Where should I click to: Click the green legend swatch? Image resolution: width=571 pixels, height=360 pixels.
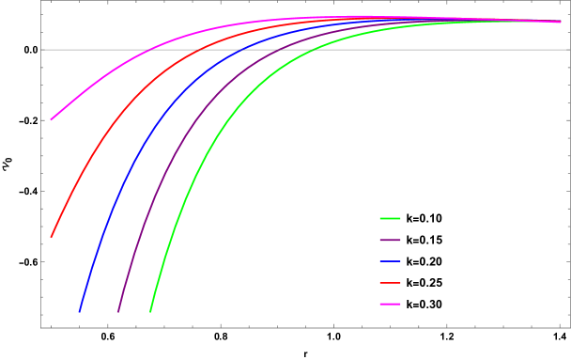click(390, 218)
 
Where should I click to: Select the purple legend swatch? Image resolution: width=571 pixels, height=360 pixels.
click(390, 240)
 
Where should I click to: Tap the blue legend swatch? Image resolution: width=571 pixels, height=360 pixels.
click(390, 261)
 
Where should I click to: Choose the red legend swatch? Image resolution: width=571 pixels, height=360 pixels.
click(390, 282)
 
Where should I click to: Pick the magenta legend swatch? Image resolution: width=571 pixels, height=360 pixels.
click(390, 304)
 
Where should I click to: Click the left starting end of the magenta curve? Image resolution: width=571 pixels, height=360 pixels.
click(52, 119)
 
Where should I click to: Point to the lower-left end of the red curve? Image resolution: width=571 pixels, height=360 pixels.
click(52, 237)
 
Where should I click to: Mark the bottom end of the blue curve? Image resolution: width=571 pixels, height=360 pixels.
click(80, 311)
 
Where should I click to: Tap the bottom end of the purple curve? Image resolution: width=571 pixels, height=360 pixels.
click(118, 311)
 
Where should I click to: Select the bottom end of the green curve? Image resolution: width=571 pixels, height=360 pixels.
click(151, 311)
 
